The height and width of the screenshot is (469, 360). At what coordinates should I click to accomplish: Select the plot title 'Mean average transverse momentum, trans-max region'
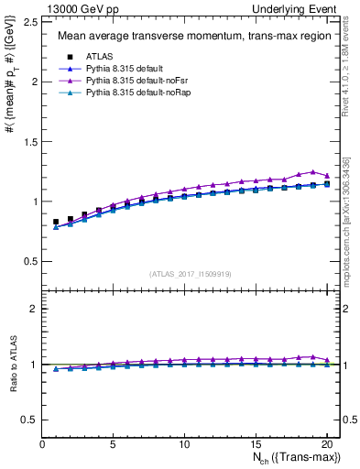click(x=189, y=37)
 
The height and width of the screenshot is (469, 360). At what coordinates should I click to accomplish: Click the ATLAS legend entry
click(x=101, y=56)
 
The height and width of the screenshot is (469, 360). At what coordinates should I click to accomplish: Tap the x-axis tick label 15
click(x=255, y=444)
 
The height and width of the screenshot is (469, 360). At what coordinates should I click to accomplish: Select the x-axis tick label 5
click(x=113, y=444)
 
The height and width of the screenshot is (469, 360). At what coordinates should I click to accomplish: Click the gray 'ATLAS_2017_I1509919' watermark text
click(x=189, y=273)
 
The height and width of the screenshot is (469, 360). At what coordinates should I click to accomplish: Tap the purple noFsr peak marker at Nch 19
click(x=312, y=172)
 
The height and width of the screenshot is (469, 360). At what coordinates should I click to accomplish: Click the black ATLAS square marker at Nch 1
click(x=56, y=222)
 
